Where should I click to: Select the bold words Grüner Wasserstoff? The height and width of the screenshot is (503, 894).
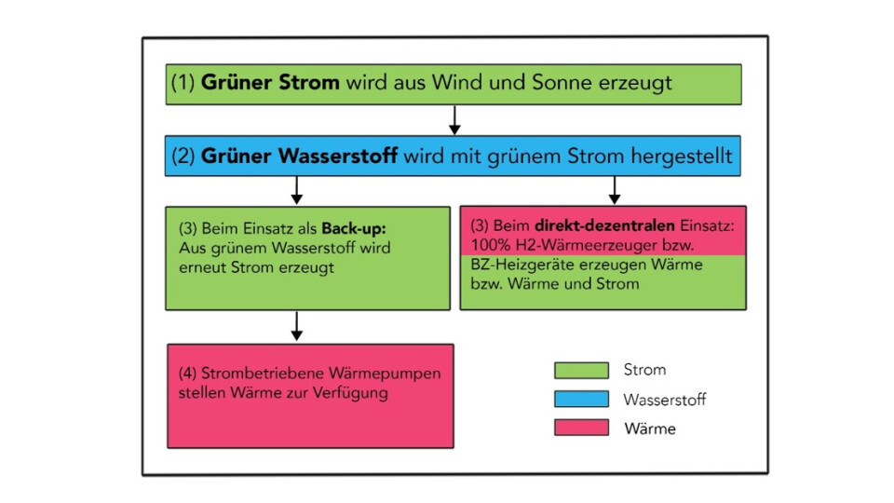pyautogui.click(x=298, y=156)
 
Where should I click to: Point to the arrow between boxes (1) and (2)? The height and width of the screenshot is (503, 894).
pyautogui.click(x=454, y=119)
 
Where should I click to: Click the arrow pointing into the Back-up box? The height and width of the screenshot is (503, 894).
pyautogui.click(x=297, y=191)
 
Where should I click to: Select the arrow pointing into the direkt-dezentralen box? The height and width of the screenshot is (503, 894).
pyautogui.click(x=614, y=191)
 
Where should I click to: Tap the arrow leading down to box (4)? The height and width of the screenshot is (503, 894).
pyautogui.click(x=297, y=326)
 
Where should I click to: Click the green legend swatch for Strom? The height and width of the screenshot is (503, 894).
pyautogui.click(x=581, y=371)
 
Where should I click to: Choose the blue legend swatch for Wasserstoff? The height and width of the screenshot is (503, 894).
pyautogui.click(x=581, y=400)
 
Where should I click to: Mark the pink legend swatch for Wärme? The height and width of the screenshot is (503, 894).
pyautogui.click(x=581, y=428)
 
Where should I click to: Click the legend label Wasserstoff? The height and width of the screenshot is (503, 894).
pyautogui.click(x=664, y=400)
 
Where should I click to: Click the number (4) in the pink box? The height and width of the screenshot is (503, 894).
pyautogui.click(x=186, y=374)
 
